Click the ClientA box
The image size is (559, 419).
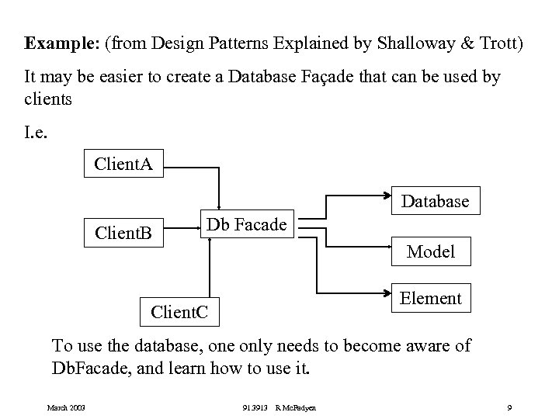pos(123,164)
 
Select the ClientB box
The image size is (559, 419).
pos(123,232)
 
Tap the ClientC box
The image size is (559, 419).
pos(179,313)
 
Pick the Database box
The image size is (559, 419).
pos(435,202)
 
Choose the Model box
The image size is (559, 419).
pos(431,251)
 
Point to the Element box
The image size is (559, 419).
pos(430,298)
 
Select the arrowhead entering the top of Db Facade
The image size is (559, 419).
pos(220,206)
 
